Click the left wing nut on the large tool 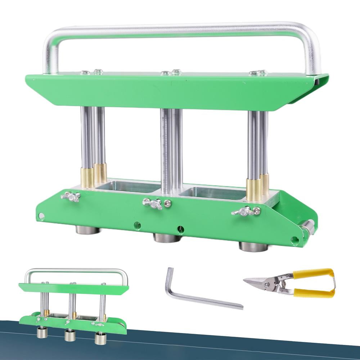pyautogui.click(x=71, y=197)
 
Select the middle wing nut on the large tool pyautogui.click(x=153, y=203)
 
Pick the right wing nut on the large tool pyautogui.click(x=242, y=211)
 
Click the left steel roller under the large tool pyautogui.click(x=87, y=230)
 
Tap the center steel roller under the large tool pyautogui.click(x=167, y=238)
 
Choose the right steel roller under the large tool pyautogui.click(x=253, y=247)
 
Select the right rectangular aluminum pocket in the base pyautogui.click(x=212, y=193)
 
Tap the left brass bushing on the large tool pyautogui.click(x=87, y=177)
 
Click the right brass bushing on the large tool pyautogui.click(x=254, y=189)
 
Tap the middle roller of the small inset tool pyautogui.click(x=69, y=336)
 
